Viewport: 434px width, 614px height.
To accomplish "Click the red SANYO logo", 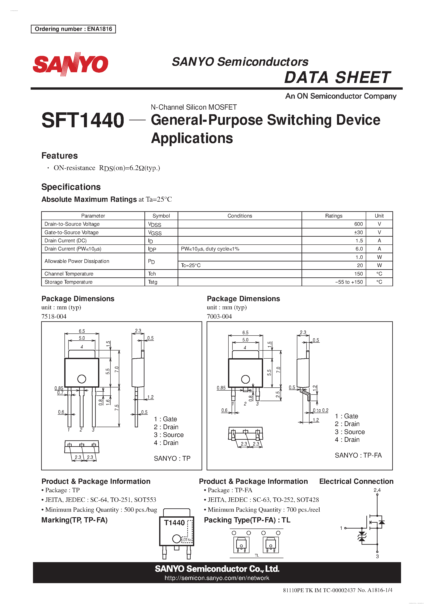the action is tap(70, 64).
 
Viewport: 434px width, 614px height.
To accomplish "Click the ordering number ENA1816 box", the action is tap(73, 29).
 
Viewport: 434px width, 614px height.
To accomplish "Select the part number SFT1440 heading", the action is tap(83, 120).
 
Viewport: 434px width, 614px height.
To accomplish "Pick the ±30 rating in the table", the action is tap(358, 232).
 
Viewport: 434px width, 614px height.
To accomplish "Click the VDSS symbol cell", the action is tap(155, 224).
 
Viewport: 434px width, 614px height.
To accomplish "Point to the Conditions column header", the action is tap(240, 216).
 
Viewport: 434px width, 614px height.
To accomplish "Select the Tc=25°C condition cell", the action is tap(191, 265).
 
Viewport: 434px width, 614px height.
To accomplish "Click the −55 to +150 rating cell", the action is tap(349, 282).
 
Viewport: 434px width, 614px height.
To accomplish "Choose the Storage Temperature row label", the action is tap(68, 282).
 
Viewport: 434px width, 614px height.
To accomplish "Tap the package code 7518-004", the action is tap(54, 316).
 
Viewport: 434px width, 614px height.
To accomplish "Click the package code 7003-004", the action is tap(219, 316).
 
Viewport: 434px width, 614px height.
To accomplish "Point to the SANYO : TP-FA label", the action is tap(358, 455).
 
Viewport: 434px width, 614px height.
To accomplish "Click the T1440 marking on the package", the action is tap(174, 522).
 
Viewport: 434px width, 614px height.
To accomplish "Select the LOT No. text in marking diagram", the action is tap(187, 540).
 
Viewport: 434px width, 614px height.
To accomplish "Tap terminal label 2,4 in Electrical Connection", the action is tap(377, 490).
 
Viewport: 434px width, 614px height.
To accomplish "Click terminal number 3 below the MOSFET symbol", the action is tap(377, 556).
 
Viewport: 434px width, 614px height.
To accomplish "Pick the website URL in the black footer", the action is tap(217, 578).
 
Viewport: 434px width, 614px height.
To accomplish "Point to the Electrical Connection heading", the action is tap(356, 481).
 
